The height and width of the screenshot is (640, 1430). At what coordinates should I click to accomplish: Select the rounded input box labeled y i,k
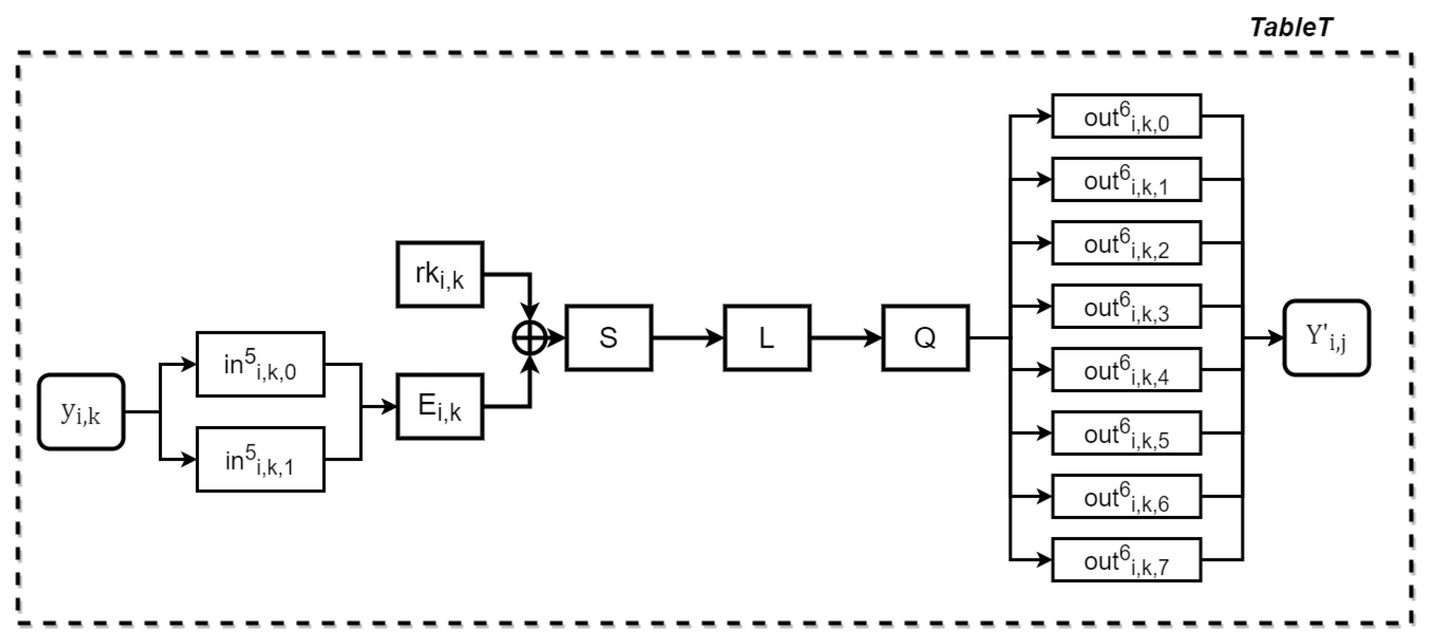point(81,411)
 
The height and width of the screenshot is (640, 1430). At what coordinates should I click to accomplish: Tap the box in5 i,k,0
point(260,364)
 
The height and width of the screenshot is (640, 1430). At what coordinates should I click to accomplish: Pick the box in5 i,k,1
point(260,460)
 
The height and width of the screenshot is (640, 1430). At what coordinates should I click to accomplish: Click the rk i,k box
point(440,275)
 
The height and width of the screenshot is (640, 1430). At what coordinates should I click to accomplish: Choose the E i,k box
point(440,407)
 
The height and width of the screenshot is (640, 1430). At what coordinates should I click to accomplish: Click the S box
point(609,338)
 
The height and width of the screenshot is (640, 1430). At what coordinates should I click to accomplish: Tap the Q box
point(925,338)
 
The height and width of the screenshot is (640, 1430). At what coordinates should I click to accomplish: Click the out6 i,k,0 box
point(1127,116)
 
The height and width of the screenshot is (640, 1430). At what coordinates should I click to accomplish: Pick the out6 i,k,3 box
point(1127,306)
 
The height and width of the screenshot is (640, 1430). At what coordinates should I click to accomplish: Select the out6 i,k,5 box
point(1127,433)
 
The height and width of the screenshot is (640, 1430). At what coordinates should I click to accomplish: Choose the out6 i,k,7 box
point(1127,559)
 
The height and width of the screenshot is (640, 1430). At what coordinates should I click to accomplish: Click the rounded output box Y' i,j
point(1327,338)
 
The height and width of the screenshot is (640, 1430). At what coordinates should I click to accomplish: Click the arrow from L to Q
point(845,338)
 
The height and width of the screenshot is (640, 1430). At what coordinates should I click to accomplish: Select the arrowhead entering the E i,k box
point(389,407)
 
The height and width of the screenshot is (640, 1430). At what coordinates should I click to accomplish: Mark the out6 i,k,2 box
point(1127,243)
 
